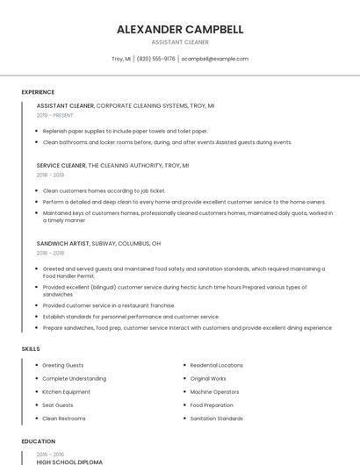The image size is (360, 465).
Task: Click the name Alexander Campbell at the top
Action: coord(180,29)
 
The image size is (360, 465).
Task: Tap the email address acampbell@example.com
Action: coord(214,59)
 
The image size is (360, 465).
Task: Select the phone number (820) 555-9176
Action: coord(155,59)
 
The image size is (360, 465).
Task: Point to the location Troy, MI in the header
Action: coord(121,59)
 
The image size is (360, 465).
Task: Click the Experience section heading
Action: coord(38,92)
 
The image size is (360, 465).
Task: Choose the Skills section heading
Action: coord(30,349)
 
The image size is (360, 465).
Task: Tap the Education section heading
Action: coord(38,441)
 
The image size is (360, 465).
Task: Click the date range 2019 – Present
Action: coord(54,115)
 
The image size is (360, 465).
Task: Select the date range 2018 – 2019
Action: coord(50,175)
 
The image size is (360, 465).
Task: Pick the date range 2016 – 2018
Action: coord(50,253)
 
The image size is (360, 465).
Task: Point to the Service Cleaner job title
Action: coord(61,165)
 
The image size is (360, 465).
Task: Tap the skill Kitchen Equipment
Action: coord(66,391)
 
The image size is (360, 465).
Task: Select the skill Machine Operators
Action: coord(214,391)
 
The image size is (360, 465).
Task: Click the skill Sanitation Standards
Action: coord(216,418)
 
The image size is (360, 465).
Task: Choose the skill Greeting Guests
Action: coord(62,365)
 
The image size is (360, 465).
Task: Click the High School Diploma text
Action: coord(69,461)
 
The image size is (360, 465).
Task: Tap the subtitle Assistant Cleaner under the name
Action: coord(180,41)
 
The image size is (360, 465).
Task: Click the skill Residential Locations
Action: coord(216,365)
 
